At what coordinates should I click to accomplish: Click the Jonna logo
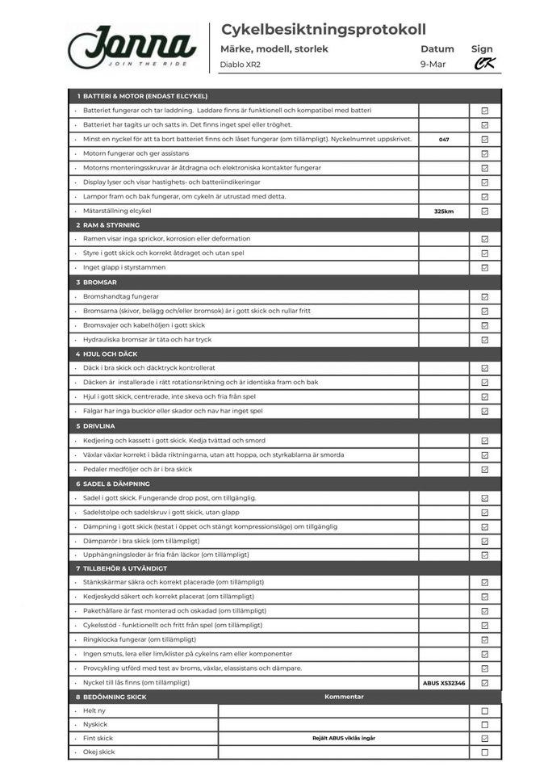[132, 47]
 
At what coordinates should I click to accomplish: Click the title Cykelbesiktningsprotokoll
[323, 30]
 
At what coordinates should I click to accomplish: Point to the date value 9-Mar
[433, 65]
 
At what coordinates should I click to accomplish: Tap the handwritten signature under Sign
[484, 64]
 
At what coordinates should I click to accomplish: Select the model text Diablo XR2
[241, 65]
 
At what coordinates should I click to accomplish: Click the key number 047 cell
[444, 140]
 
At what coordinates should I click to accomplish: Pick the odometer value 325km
[444, 212]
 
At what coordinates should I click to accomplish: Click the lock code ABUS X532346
[444, 683]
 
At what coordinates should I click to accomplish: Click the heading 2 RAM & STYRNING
[111, 225]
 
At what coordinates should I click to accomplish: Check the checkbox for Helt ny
[485, 711]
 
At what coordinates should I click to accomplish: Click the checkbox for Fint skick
[485, 739]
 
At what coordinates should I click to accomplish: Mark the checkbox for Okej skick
[485, 752]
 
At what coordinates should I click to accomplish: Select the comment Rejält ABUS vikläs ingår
[344, 738]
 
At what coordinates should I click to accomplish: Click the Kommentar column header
[344, 697]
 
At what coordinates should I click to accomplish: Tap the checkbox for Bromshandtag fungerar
[485, 297]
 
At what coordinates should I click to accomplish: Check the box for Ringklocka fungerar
[485, 640]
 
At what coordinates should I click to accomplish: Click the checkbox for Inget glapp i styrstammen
[485, 268]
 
